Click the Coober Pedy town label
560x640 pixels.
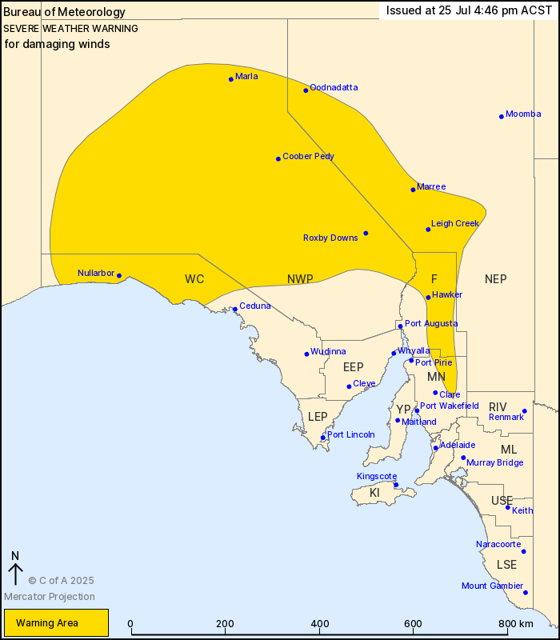(308, 157)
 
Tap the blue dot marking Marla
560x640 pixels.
(231, 78)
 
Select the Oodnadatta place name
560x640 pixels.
(334, 87)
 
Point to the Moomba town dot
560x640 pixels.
(502, 117)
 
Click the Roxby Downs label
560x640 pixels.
(330, 238)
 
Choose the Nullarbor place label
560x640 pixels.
(97, 273)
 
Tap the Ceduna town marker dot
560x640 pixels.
(235, 309)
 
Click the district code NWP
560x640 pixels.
(300, 278)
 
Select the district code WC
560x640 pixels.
(194, 278)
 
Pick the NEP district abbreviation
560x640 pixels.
(495, 278)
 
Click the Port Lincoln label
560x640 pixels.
(350, 434)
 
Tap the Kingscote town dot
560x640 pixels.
(396, 484)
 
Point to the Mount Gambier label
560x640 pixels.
(492, 586)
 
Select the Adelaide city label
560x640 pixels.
(458, 444)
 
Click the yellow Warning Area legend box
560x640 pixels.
(56, 622)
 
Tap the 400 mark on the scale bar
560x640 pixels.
(320, 624)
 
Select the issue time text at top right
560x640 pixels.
(469, 10)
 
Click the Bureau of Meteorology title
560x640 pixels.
(65, 12)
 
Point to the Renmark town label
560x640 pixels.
(506, 417)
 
